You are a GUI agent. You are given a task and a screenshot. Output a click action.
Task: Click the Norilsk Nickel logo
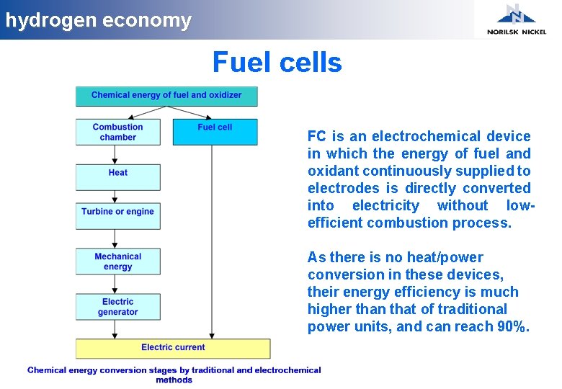pyautogui.click(x=516, y=19)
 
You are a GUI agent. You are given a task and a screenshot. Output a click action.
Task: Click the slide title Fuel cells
pyautogui.click(x=277, y=63)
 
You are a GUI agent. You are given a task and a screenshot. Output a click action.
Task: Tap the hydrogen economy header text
pyautogui.click(x=99, y=20)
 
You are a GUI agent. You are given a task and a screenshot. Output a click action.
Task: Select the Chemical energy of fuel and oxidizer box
pyautogui.click(x=166, y=96)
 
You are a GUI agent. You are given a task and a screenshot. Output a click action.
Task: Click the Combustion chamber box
pyautogui.click(x=118, y=132)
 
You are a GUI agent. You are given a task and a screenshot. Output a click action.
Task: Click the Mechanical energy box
pyautogui.click(x=118, y=261)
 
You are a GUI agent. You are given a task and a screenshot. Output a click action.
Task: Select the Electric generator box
pyautogui.click(x=118, y=307)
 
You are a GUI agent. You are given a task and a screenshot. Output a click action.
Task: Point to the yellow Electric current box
pyautogui.click(x=173, y=348)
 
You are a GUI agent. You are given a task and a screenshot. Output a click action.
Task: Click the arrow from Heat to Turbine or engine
pyautogui.click(x=115, y=197)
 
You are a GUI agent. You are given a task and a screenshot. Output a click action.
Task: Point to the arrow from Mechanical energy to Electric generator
pyautogui.click(x=115, y=284)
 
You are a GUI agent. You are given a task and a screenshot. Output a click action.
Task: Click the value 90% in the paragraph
pyautogui.click(x=513, y=326)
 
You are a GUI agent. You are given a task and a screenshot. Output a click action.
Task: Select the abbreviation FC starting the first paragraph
pyautogui.click(x=316, y=136)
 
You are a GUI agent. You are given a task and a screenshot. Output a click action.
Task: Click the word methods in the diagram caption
pyautogui.click(x=174, y=380)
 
